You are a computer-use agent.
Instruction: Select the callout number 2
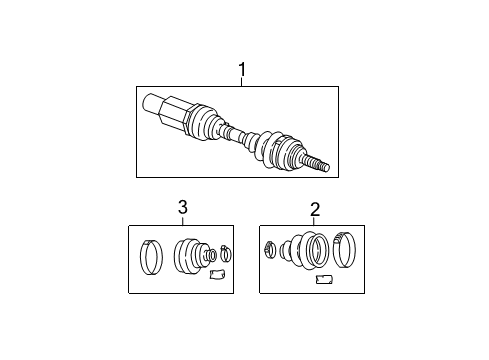tap(314, 209)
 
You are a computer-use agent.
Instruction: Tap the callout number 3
tap(182, 207)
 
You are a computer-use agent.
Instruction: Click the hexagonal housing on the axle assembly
tap(177, 113)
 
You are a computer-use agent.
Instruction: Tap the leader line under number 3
tap(182, 220)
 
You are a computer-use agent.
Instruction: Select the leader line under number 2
tap(314, 222)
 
